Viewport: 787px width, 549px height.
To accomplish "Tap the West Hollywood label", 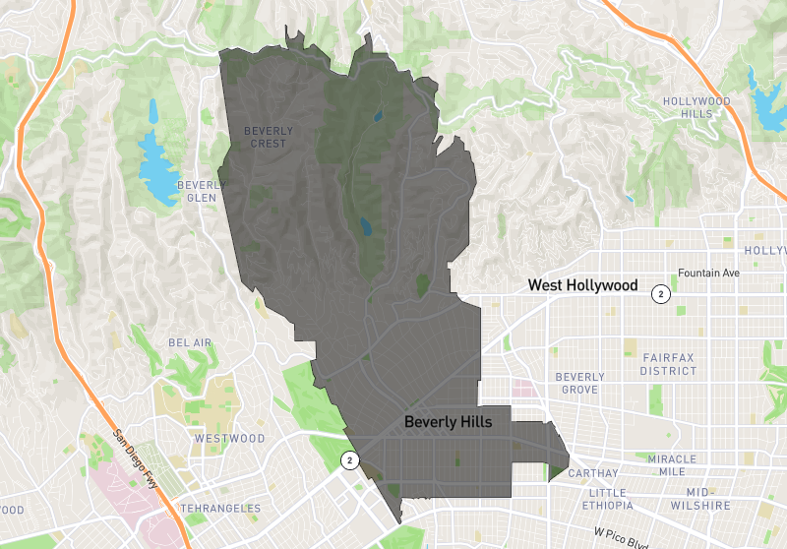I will tap(582, 285).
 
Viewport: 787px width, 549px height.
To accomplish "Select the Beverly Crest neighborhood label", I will tap(268, 137).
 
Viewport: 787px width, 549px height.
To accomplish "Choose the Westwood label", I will tap(230, 438).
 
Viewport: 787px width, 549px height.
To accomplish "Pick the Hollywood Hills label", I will tap(696, 107).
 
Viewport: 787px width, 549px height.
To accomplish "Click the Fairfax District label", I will tap(669, 364).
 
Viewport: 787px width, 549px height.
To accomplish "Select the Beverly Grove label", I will tap(579, 383).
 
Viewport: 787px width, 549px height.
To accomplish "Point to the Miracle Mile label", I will tap(672, 465).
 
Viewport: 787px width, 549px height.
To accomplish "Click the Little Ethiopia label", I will tap(620, 499).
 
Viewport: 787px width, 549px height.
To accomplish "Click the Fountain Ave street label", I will tap(707, 273).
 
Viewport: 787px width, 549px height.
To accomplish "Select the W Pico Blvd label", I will tap(622, 538).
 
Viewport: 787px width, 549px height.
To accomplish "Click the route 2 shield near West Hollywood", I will tap(662, 293).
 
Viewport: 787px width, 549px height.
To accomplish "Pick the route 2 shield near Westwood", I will tap(349, 459).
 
